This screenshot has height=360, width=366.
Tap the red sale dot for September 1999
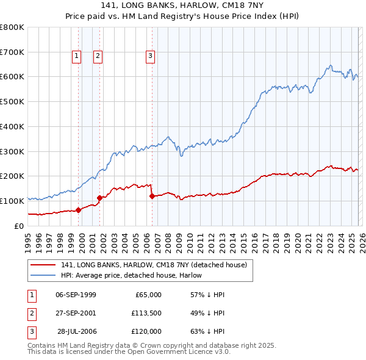(78, 210)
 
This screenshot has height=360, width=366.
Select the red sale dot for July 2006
(152, 196)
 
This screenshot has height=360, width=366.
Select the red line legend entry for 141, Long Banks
(153, 265)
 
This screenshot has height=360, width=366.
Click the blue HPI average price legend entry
(135, 275)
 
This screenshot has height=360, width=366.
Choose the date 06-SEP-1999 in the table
(76, 295)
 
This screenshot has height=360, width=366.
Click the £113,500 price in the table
(146, 313)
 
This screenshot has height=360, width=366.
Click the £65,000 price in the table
(147, 295)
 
